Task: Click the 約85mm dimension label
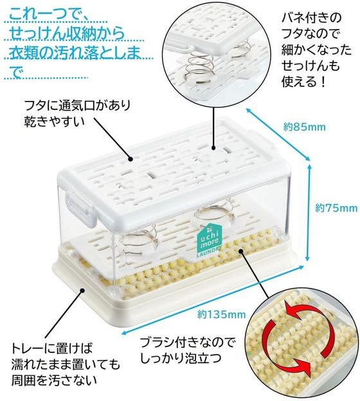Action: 304,127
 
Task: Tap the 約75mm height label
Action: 336,208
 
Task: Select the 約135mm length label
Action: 221,314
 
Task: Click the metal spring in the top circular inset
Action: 199,67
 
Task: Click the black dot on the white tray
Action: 82,290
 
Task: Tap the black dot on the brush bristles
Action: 240,251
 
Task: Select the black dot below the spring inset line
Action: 213,148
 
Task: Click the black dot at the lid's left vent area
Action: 130,159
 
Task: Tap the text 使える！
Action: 304,82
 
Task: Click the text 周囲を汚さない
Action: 54,380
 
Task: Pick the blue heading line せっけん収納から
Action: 67,33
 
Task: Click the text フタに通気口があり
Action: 77,105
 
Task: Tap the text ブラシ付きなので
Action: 187,343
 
